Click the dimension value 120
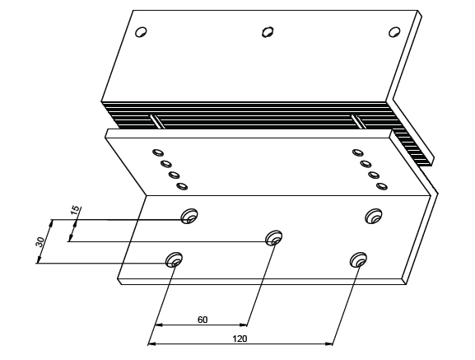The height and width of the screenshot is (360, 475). click(x=240, y=339)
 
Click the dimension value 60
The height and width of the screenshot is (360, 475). click(x=203, y=320)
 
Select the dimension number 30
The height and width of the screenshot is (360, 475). click(x=40, y=242)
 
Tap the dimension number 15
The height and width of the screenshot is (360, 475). click(x=76, y=210)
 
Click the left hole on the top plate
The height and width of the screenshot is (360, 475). click(x=141, y=32)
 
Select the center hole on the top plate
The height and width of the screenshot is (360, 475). click(x=268, y=32)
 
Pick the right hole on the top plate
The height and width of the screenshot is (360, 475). click(x=394, y=32)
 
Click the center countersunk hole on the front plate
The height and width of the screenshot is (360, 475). click(x=274, y=238)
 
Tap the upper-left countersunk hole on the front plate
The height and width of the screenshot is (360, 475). click(x=189, y=216)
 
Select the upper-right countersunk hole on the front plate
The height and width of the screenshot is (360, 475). click(x=374, y=216)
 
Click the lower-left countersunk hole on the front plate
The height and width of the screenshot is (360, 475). click(x=174, y=259)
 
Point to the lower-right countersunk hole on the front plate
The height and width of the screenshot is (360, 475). click(x=358, y=259)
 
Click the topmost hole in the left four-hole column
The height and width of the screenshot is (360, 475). click(x=158, y=152)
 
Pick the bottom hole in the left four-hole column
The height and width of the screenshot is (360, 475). click(x=182, y=186)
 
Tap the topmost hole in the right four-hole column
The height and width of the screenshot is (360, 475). click(x=357, y=152)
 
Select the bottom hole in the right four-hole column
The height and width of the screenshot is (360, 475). click(x=382, y=186)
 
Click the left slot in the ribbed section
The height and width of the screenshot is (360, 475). click(x=157, y=121)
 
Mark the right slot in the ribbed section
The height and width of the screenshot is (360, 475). click(x=359, y=121)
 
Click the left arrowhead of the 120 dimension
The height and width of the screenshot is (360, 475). click(x=151, y=344)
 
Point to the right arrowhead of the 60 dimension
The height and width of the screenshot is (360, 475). click(x=244, y=325)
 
